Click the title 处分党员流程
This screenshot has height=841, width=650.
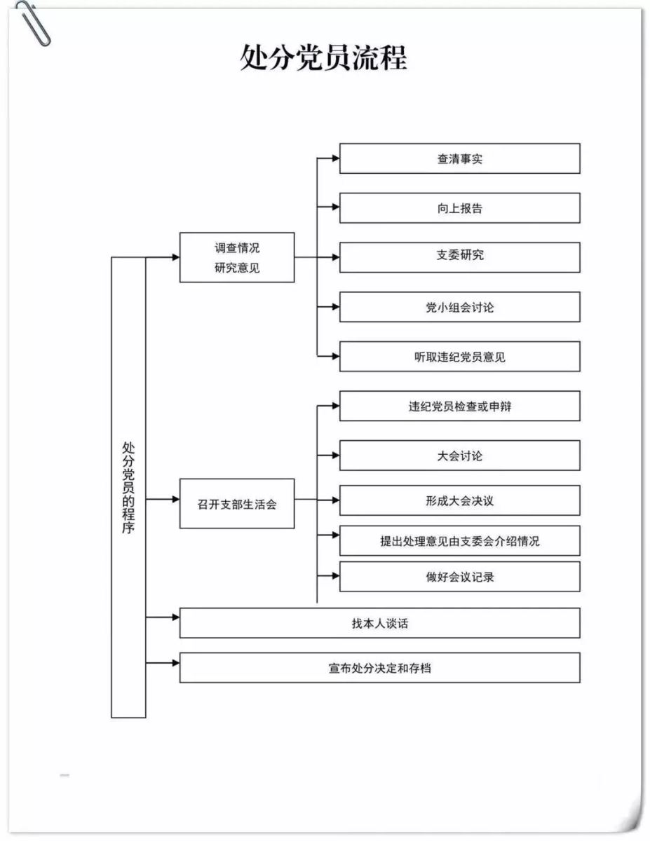point(323,57)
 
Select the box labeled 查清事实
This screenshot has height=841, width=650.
point(459,158)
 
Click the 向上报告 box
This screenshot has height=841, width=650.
point(459,208)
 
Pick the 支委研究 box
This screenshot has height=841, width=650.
point(459,257)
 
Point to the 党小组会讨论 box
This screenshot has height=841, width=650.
point(459,307)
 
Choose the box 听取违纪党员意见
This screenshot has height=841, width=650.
point(459,357)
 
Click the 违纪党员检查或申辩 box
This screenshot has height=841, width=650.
point(459,406)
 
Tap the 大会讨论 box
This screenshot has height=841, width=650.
point(459,456)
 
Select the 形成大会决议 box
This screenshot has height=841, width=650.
point(459,500)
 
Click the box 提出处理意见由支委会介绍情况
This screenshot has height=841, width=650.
point(459,540)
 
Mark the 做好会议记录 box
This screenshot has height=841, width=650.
point(459,577)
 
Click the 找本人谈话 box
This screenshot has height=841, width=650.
point(380,623)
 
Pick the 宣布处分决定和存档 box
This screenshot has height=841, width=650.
point(380,668)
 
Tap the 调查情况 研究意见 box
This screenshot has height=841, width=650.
point(237,257)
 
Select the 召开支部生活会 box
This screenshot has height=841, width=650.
point(237,503)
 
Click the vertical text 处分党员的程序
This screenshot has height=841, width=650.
point(128,488)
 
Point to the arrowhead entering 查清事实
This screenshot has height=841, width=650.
point(336,158)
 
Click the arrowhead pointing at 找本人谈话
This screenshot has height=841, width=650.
point(176,617)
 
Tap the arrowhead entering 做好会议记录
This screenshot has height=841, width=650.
point(336,576)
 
